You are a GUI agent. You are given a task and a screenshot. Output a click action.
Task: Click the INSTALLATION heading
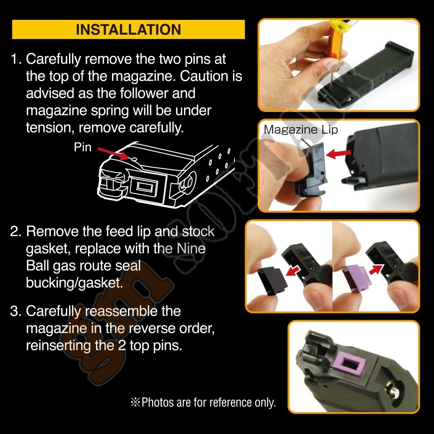(128, 30)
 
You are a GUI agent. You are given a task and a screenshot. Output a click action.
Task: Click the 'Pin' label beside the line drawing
(82, 147)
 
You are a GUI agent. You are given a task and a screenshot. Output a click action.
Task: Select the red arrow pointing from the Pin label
(113, 153)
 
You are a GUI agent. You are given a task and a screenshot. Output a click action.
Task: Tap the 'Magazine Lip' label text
(301, 129)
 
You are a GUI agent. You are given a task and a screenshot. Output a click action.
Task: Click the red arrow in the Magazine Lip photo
(339, 153)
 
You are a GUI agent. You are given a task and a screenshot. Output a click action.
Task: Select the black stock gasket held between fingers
(272, 280)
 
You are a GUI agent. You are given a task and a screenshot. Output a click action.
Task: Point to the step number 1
(16, 59)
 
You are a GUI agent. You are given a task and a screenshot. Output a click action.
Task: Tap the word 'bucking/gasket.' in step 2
(75, 283)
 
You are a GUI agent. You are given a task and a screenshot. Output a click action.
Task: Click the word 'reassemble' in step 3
(121, 311)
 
